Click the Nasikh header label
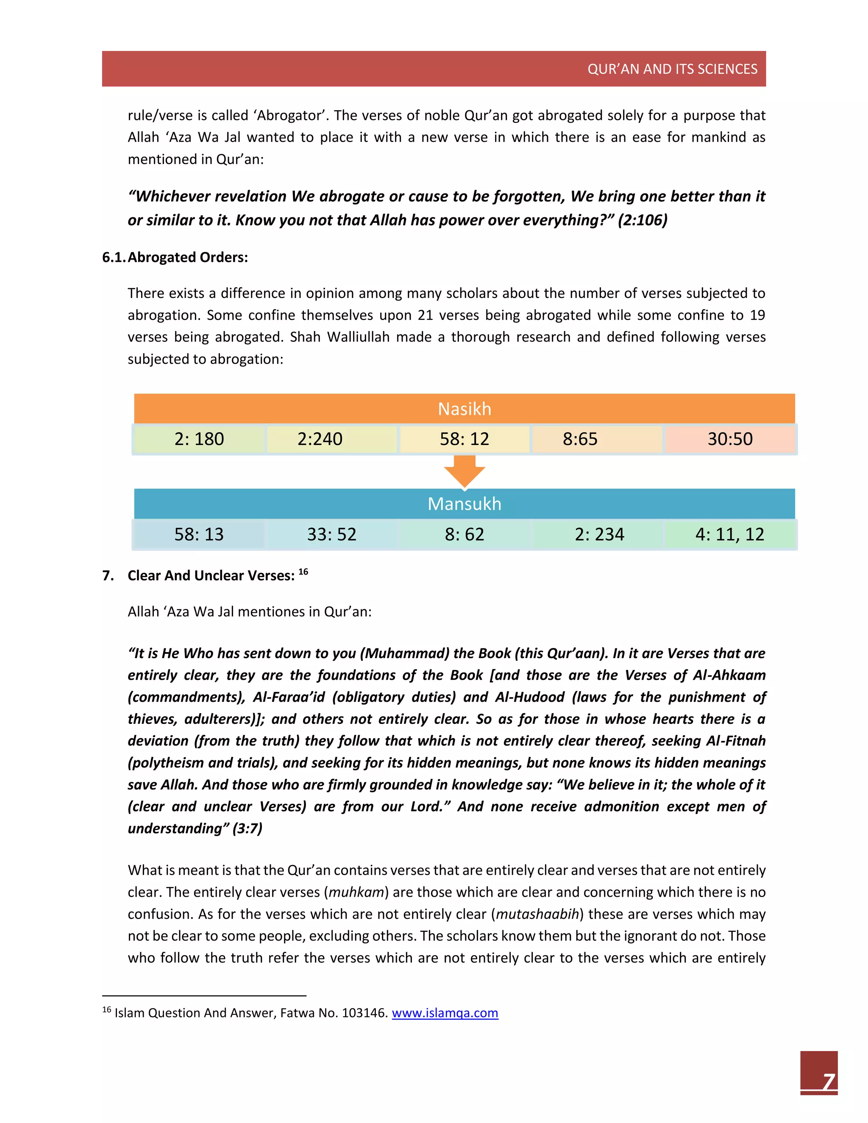point(465,409)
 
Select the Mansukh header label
point(465,503)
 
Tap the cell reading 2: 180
point(199,439)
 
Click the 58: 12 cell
point(465,439)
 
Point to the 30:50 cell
point(730,439)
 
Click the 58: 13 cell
point(199,534)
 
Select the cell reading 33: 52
point(332,534)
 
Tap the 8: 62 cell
point(465,534)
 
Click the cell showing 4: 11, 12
point(730,534)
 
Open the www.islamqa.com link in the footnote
point(445,1012)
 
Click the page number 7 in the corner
point(829,1081)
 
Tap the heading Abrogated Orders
point(188,257)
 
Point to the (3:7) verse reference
point(248,828)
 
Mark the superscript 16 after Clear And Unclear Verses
point(303,571)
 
